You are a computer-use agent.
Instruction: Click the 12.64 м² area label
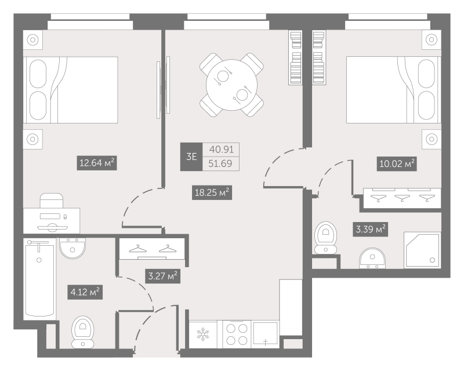point(97,163)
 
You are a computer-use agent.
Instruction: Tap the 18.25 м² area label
point(212,192)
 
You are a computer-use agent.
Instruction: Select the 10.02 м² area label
point(397,163)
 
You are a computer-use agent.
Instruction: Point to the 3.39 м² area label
point(370,229)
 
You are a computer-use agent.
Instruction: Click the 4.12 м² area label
point(85,292)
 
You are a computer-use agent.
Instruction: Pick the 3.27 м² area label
point(162,276)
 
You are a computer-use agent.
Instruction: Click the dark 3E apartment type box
point(191,157)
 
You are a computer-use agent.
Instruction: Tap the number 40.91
point(222,150)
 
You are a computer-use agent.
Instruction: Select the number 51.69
point(220,163)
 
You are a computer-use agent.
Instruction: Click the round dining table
point(231,85)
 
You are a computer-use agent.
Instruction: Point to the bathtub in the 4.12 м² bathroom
point(39,278)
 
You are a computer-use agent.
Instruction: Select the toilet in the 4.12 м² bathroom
point(82,332)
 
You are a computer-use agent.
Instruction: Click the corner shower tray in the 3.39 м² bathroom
point(422,250)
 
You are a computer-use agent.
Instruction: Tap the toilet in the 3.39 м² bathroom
point(325,238)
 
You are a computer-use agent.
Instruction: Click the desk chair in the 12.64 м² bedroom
point(52,201)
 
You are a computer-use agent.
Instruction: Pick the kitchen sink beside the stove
point(265,334)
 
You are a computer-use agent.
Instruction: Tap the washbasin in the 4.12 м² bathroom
point(72,248)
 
